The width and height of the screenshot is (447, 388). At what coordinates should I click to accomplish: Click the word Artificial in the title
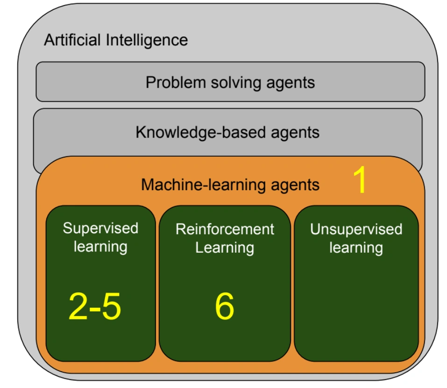click(x=72, y=40)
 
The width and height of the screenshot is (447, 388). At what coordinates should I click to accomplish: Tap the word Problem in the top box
click(x=176, y=83)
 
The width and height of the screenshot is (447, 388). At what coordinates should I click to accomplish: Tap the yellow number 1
click(x=360, y=180)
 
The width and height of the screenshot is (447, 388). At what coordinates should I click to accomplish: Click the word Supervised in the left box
click(x=100, y=229)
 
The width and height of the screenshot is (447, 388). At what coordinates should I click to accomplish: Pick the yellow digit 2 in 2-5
click(x=78, y=306)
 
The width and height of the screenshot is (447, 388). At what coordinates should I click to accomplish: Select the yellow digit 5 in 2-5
click(x=111, y=306)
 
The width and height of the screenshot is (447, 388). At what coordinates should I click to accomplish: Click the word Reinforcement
click(x=225, y=229)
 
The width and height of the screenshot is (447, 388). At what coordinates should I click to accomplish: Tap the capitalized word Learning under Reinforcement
click(x=225, y=248)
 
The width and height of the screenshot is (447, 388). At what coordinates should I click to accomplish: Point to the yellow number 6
click(x=225, y=306)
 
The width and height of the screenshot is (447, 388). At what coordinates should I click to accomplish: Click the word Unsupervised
click(x=356, y=229)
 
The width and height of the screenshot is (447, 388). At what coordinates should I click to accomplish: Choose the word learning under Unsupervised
click(x=356, y=248)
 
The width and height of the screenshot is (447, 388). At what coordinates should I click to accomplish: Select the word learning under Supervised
click(x=100, y=247)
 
